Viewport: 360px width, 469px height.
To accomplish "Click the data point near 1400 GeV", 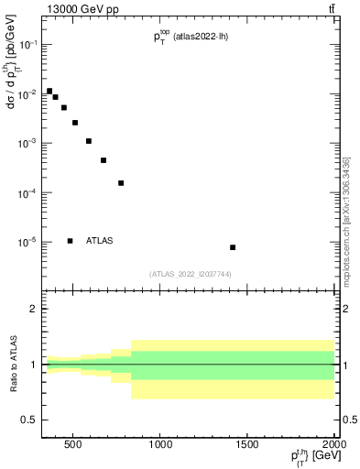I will click(233, 247).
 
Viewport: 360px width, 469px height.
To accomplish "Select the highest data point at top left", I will click(49, 92).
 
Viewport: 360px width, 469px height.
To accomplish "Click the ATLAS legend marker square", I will click(70, 241).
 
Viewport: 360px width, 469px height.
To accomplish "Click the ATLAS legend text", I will click(100, 241).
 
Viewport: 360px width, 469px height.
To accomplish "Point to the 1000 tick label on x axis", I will click(160, 445).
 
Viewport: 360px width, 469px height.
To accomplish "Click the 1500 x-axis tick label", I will click(247, 445).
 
